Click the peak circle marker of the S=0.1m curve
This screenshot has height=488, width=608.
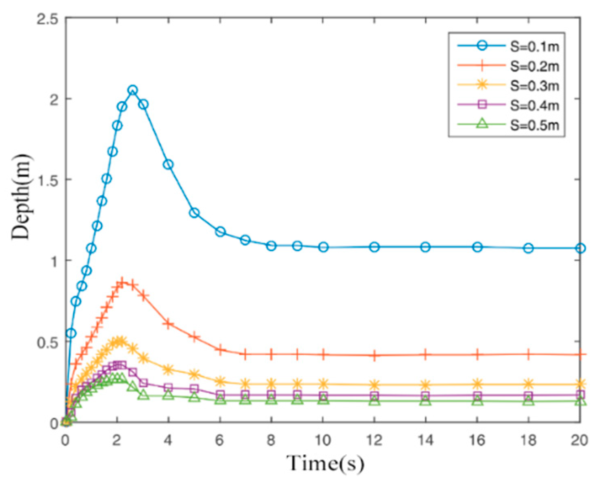[132, 90]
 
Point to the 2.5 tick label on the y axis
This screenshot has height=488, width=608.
[47, 19]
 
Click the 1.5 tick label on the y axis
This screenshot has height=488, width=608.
[47, 180]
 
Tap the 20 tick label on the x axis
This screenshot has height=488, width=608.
[580, 440]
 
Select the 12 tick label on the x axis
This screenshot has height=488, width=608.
[374, 440]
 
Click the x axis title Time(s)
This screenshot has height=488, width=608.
[325, 463]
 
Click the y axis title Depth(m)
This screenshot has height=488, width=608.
[21, 197]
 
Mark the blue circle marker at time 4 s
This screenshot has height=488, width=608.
[168, 164]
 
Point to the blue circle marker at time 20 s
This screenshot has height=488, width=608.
[580, 248]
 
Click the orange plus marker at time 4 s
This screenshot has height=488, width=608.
[168, 324]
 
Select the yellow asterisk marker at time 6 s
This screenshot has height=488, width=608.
[220, 381]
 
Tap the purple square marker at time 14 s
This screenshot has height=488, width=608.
[425, 396]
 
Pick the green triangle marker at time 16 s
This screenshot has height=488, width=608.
[478, 401]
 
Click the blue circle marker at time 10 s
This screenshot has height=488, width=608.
[323, 247]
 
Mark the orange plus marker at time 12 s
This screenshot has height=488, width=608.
[374, 355]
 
